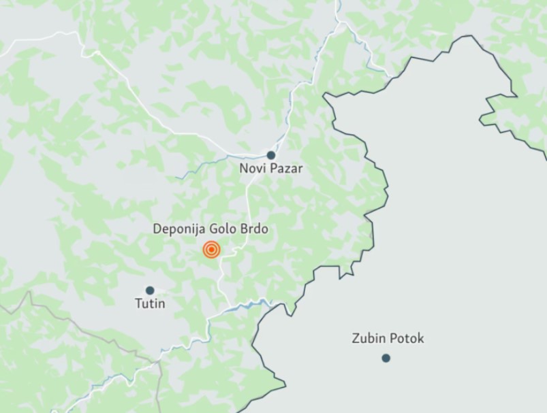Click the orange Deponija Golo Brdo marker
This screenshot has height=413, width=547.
tap(211, 250)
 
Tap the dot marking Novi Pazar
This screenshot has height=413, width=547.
tap(271, 155)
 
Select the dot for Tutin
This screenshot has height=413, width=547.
tap(150, 291)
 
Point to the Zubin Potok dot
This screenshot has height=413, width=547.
tap(386, 358)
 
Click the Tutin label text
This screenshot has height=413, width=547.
tap(150, 303)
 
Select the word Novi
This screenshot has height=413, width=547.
tap(251, 168)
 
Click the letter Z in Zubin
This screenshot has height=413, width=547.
tap(356, 338)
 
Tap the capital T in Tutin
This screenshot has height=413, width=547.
tap(139, 303)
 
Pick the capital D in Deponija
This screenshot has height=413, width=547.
tap(157, 230)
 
